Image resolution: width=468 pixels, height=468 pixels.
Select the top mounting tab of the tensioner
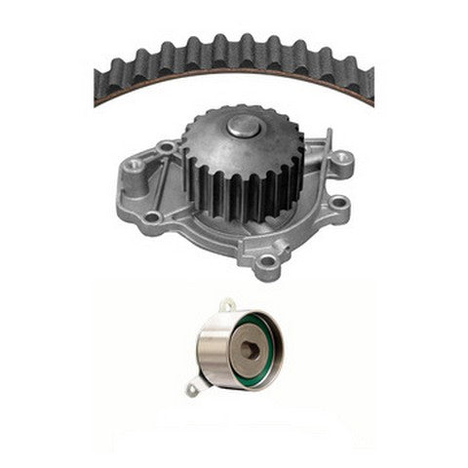(x=227, y=306)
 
